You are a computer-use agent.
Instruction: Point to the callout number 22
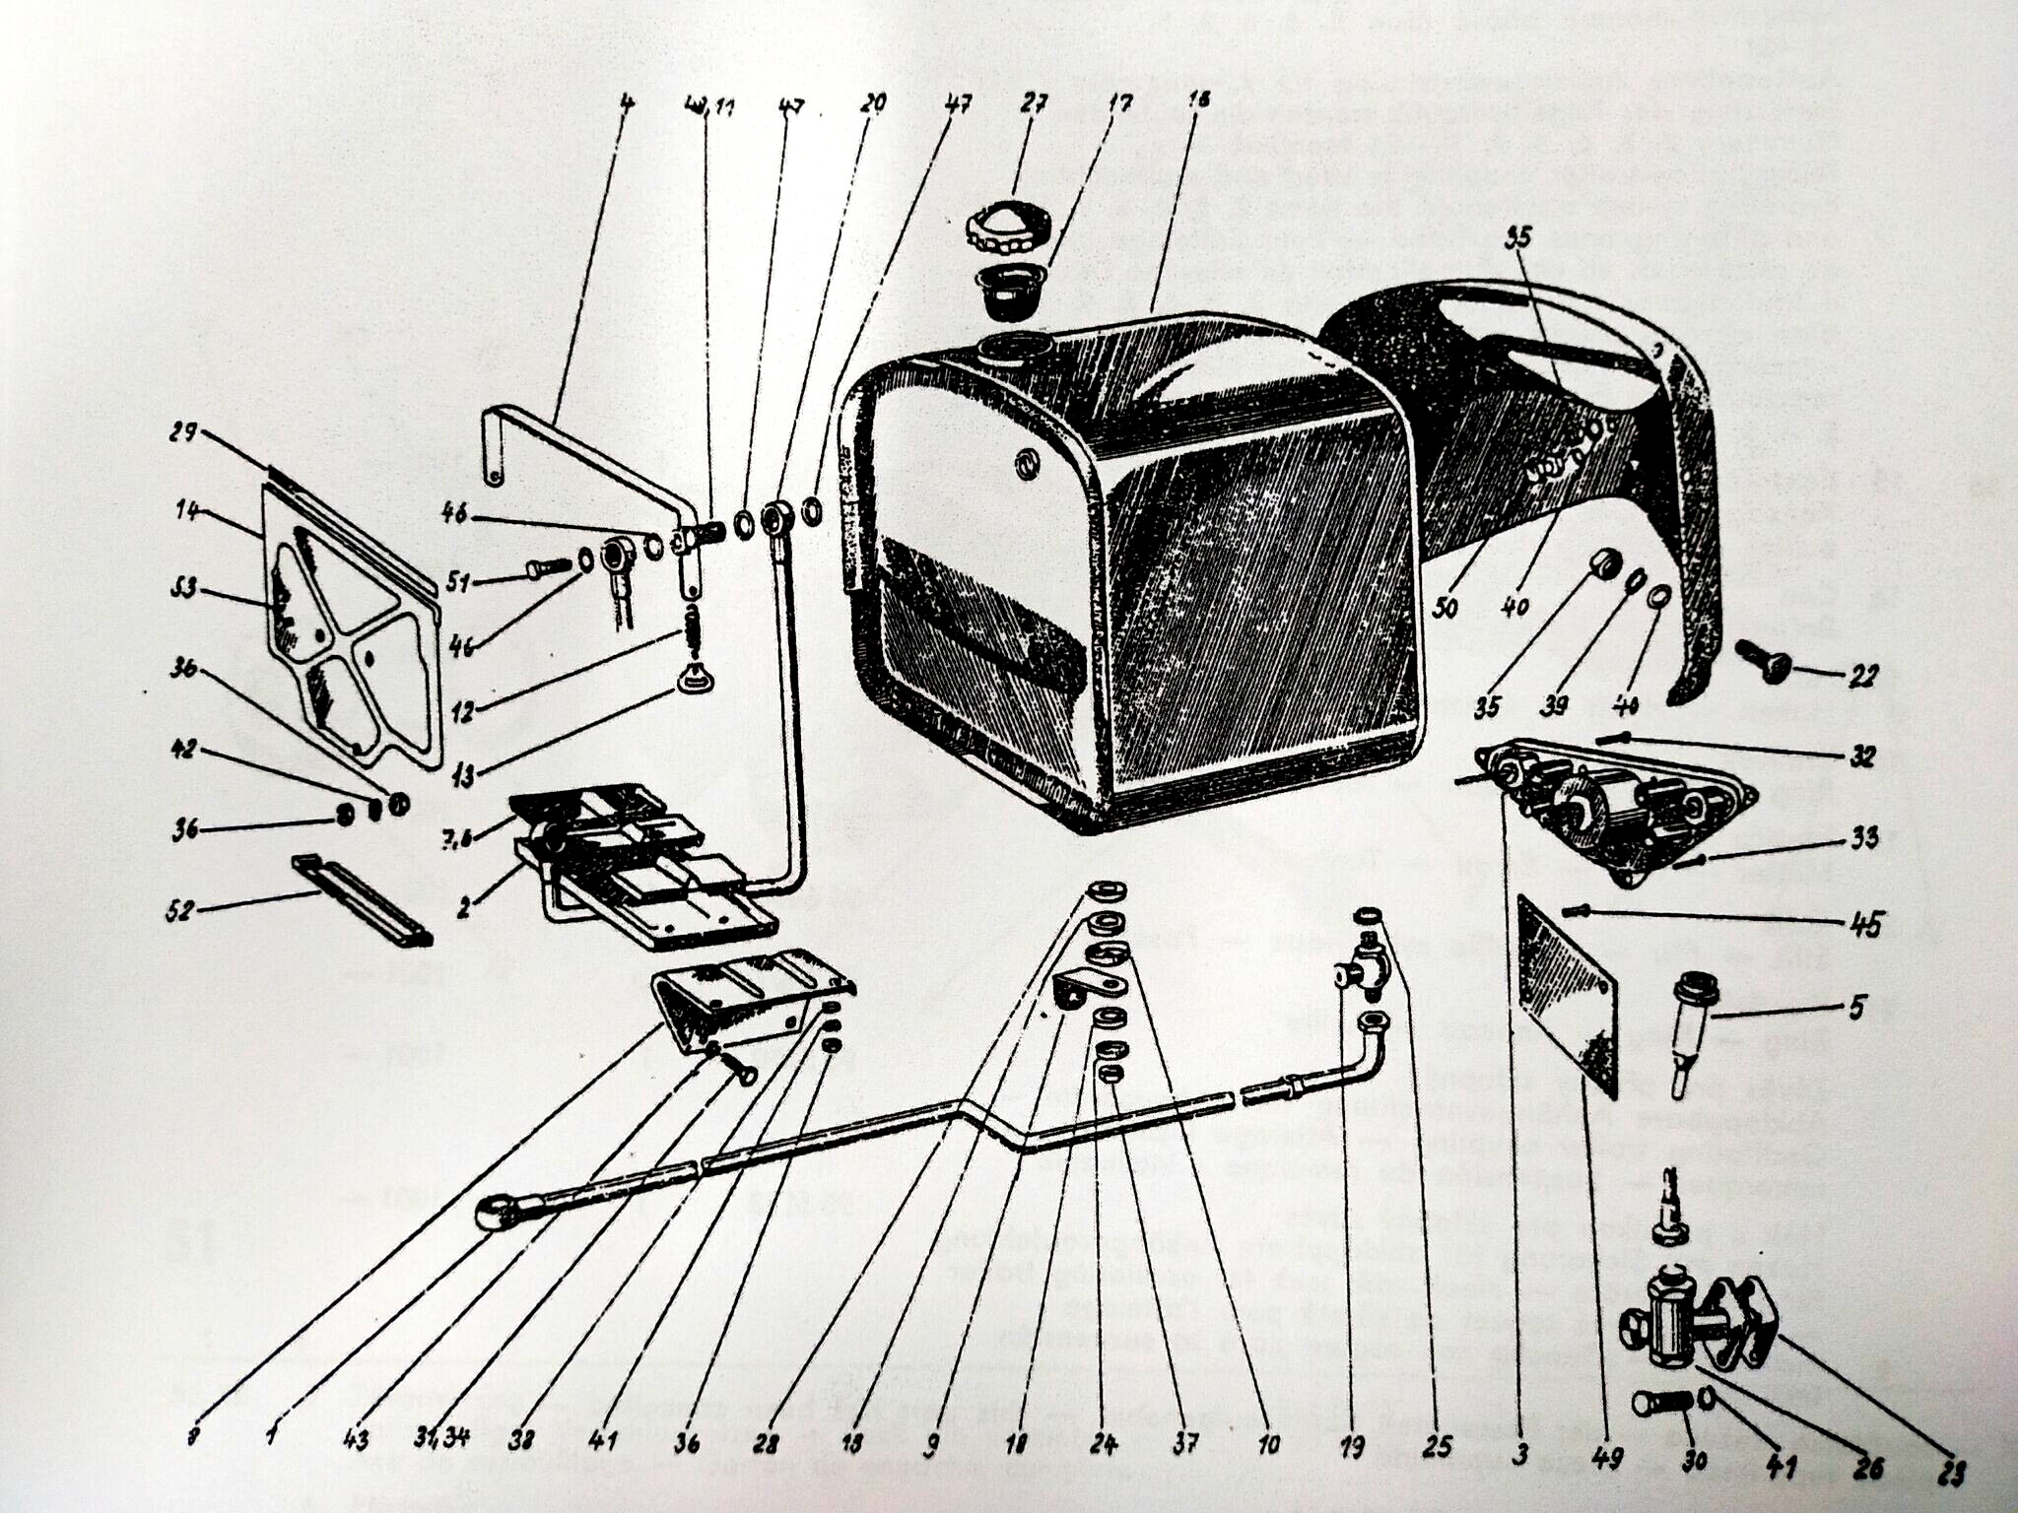(1863, 675)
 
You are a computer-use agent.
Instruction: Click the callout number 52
(180, 909)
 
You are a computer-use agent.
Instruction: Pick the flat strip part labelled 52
(362, 898)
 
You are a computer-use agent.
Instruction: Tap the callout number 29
(184, 433)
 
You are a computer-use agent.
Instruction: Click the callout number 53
(182, 589)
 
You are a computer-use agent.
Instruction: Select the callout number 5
(1857, 1008)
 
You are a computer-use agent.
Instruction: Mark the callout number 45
(1866, 924)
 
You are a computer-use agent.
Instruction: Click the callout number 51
(457, 583)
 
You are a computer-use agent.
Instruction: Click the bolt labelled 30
(1660, 1402)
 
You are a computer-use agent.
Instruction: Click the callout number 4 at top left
(625, 101)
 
